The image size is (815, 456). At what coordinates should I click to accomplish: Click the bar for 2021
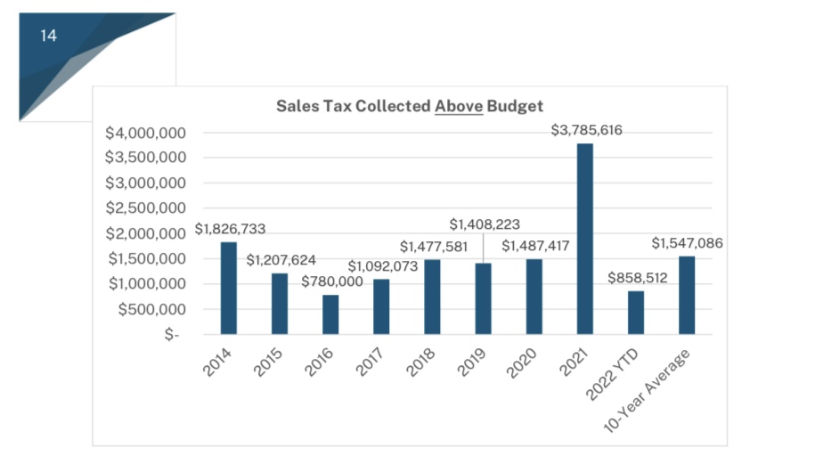[584, 239]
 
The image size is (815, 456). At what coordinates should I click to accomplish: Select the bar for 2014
[229, 288]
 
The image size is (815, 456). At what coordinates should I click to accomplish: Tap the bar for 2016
[330, 314]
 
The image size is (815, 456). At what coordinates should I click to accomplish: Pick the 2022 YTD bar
[635, 313]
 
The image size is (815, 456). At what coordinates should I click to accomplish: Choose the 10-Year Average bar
[686, 295]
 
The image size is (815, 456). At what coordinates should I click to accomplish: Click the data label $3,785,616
[586, 131]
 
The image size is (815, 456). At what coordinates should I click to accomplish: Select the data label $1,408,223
[484, 224]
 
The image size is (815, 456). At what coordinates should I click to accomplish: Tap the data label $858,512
[637, 278]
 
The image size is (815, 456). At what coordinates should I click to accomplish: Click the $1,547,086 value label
[687, 242]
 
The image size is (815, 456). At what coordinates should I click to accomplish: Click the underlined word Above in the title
[459, 105]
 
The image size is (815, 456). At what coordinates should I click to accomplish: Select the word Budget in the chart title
[515, 105]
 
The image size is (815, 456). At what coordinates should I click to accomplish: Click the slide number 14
[48, 36]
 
